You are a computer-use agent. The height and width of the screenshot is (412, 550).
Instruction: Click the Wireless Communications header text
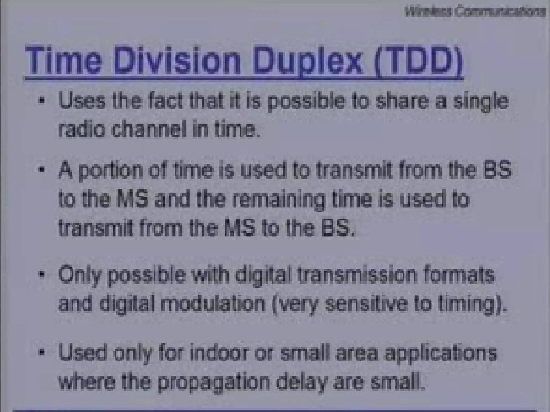coord(475,12)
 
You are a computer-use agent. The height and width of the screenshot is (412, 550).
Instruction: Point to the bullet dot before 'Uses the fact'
coord(41,101)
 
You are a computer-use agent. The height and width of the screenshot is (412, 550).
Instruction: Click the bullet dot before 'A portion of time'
coord(41,170)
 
